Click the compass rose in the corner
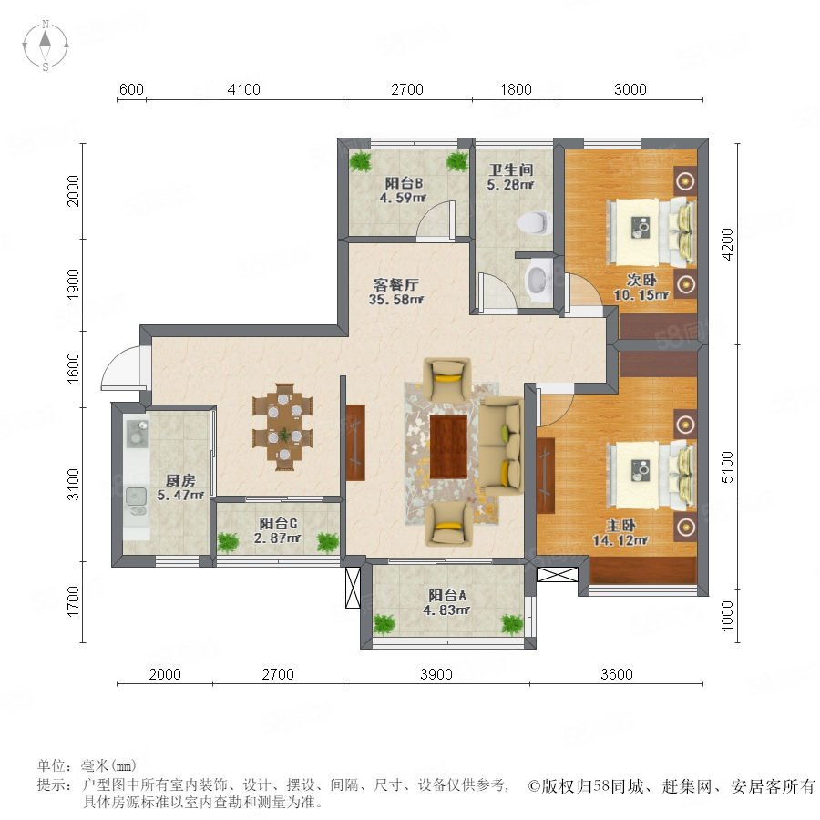(46, 46)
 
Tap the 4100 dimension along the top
(243, 89)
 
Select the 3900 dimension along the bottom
(436, 674)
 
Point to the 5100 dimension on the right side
(727, 467)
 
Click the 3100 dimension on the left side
(74, 485)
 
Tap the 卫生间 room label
(511, 169)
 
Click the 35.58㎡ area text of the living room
(396, 300)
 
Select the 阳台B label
(404, 183)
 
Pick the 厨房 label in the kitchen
(180, 480)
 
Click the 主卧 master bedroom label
(620, 525)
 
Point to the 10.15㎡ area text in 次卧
(641, 295)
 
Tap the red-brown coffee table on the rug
(448, 446)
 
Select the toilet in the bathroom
(533, 223)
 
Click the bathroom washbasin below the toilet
(537, 280)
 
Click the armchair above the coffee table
(447, 379)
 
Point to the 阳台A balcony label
(447, 595)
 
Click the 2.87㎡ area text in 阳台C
(277, 538)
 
